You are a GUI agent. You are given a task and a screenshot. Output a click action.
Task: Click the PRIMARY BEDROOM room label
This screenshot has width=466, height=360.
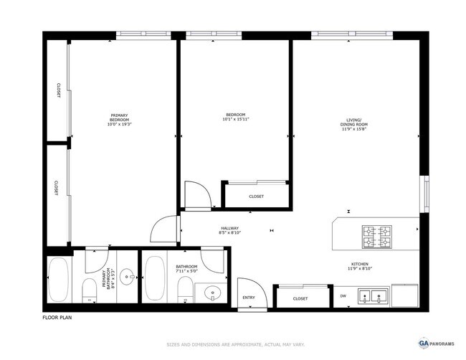[119, 120]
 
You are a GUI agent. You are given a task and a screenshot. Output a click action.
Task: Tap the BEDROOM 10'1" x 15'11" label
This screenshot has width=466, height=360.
[236, 118]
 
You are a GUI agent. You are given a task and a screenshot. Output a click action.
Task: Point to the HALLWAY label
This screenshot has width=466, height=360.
[229, 230]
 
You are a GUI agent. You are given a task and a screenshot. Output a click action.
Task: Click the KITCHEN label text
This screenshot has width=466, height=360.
[358, 267]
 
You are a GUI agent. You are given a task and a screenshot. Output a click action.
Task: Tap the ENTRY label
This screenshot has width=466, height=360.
[249, 298]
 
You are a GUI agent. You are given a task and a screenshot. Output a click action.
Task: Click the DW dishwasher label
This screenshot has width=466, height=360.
[343, 295]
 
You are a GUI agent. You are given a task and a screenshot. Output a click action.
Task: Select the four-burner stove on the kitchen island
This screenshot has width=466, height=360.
[376, 233]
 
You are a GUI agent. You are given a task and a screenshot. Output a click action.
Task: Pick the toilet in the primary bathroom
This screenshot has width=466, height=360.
[90, 290]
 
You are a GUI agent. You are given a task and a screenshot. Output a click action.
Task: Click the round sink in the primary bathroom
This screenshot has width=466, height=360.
[128, 275]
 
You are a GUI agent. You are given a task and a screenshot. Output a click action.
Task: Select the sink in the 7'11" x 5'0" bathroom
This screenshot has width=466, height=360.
[212, 293]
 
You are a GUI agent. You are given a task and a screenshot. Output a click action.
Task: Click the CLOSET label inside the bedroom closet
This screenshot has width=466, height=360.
[256, 196]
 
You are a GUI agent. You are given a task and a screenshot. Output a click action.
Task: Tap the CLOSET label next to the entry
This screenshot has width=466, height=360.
[300, 298]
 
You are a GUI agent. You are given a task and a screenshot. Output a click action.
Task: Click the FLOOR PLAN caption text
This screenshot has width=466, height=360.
[57, 317]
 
